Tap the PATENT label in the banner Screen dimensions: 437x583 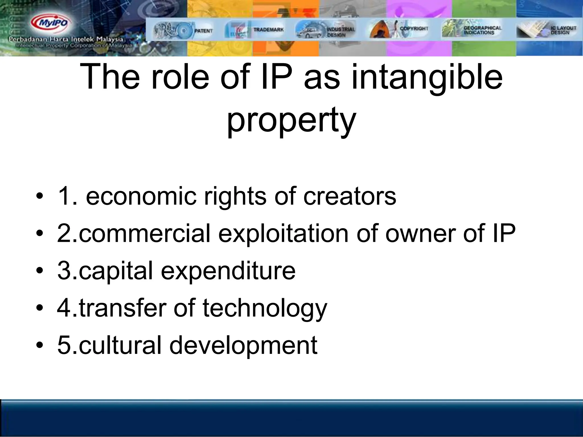click(x=203, y=30)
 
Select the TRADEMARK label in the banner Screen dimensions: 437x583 click(x=268, y=29)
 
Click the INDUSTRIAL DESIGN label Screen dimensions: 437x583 click(x=341, y=32)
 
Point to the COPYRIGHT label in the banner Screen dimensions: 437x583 click(x=414, y=28)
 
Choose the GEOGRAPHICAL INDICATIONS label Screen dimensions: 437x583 click(x=482, y=30)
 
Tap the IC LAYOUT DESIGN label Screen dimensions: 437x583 click(x=563, y=30)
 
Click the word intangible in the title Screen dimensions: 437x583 click(x=427, y=77)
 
